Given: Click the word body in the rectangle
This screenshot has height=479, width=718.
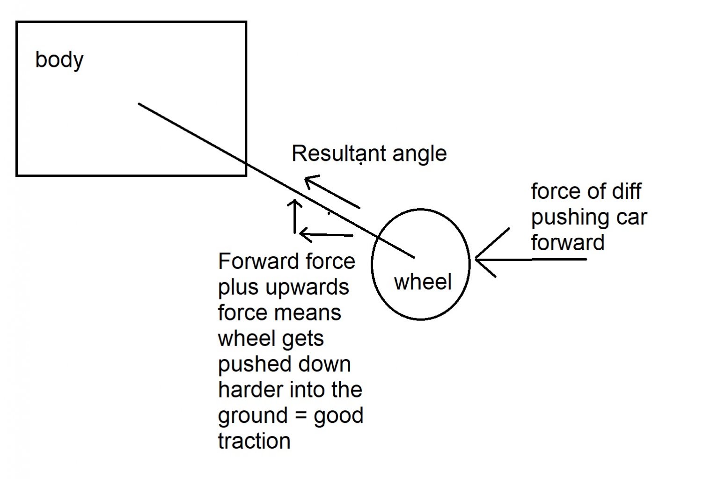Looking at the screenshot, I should pos(59,60).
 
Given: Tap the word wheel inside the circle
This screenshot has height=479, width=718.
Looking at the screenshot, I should pos(423,282).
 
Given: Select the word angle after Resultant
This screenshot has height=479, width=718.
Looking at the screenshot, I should pos(420,154).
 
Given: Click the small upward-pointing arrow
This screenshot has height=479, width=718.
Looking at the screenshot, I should pos(294,216).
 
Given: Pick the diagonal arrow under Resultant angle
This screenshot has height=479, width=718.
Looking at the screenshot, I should pos(332,192).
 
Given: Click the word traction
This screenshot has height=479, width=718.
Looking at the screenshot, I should pos(254,441).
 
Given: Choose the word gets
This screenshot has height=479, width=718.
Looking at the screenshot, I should pos(302,339).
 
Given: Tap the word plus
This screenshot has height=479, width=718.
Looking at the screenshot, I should pos(238,287).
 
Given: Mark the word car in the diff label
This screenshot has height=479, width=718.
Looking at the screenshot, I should pos(631,217).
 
